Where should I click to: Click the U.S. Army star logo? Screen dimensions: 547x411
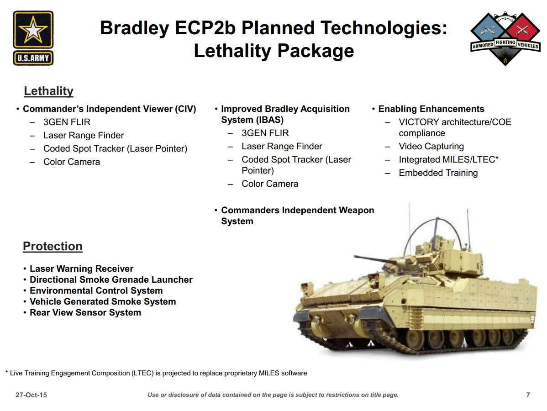[33, 38]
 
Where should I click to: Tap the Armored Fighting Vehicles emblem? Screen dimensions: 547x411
[505, 38]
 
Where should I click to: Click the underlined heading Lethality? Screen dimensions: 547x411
[48, 91]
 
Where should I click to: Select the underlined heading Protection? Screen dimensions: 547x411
[53, 246]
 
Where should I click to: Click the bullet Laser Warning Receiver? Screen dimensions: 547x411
[81, 269]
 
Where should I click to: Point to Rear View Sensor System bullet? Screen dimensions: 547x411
[85, 312]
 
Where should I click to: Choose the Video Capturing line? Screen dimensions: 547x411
[431, 146]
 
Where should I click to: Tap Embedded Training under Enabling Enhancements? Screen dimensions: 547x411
[438, 173]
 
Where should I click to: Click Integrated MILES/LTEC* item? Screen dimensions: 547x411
[449, 159]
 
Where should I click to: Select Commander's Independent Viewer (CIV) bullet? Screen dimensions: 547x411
[109, 109]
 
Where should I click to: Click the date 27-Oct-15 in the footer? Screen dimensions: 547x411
[31, 395]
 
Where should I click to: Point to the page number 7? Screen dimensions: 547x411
[528, 395]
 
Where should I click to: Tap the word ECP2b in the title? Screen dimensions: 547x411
[205, 28]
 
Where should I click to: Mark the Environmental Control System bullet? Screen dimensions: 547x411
[96, 290]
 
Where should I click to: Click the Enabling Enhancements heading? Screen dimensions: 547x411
[431, 109]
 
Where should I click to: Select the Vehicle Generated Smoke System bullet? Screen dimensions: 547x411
[103, 301]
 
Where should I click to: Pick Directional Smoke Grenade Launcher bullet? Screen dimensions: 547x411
[111, 279]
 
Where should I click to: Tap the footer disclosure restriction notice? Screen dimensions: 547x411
[273, 395]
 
